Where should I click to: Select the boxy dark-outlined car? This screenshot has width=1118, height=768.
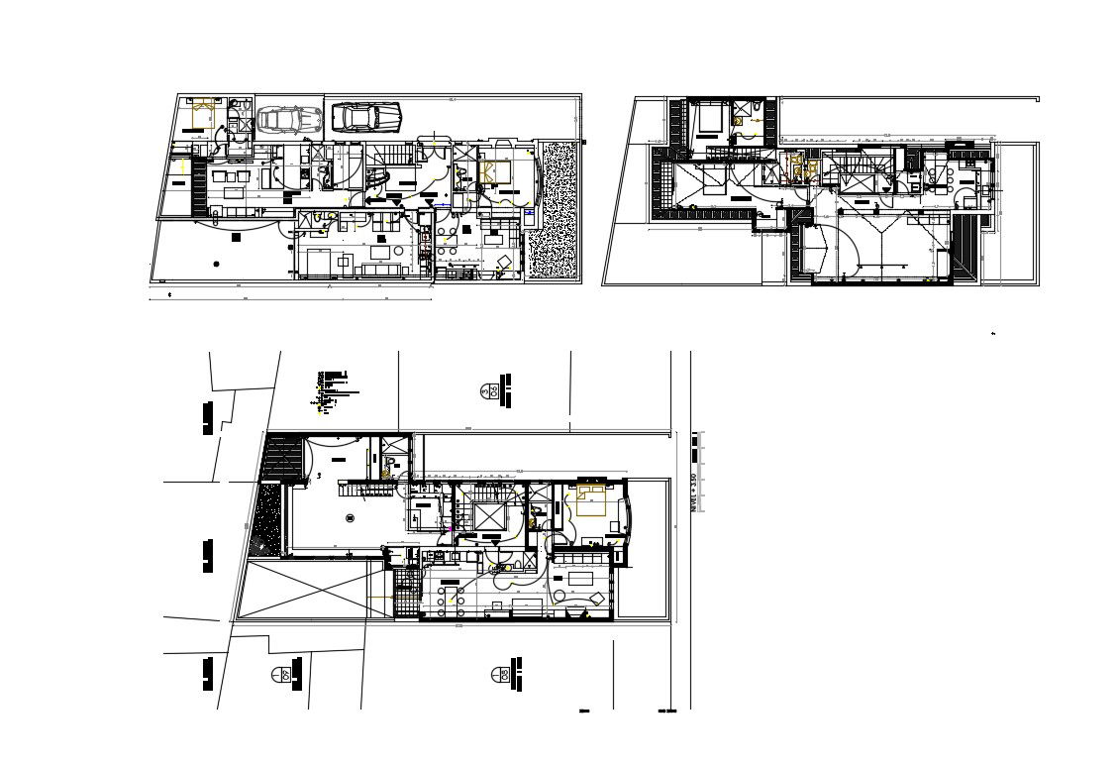coord(365,117)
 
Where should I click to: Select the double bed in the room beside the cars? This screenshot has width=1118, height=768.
coord(206,115)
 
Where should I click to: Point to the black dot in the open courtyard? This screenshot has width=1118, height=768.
coord(217,263)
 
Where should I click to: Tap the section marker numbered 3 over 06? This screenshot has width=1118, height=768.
coord(487,391)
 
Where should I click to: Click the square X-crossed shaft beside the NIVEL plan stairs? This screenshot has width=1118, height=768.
coord(489,515)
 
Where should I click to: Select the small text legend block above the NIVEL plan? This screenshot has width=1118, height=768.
coord(335,387)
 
